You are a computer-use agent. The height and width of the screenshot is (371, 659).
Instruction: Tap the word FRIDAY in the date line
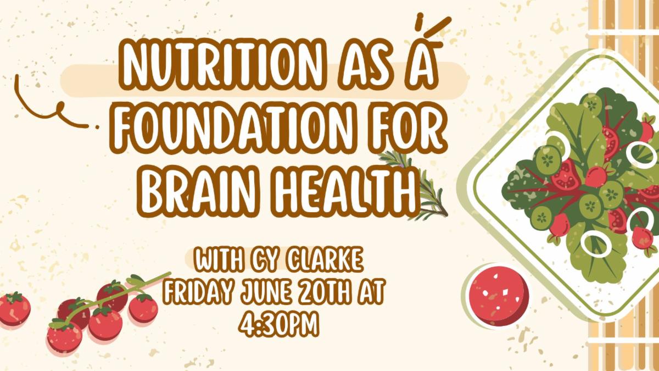[200, 291]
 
